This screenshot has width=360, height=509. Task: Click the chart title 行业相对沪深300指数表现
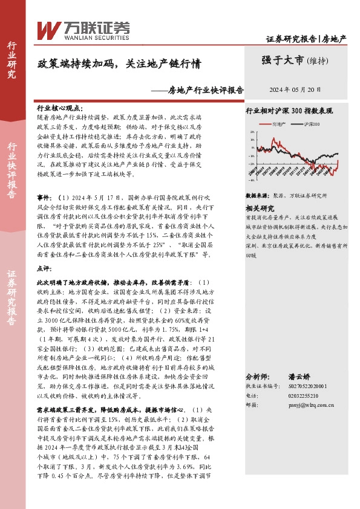289,112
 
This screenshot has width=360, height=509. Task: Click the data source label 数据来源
257,196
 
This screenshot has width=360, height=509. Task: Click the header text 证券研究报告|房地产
306,39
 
